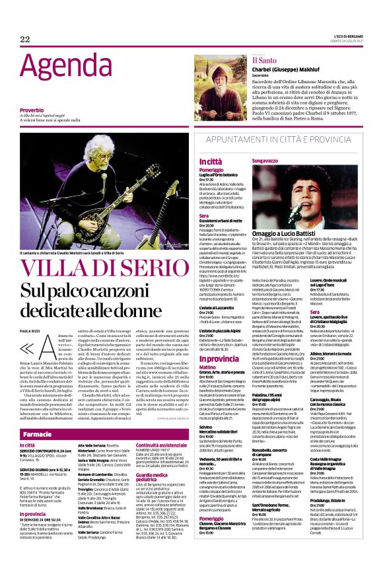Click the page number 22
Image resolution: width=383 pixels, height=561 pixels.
click(25, 40)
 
